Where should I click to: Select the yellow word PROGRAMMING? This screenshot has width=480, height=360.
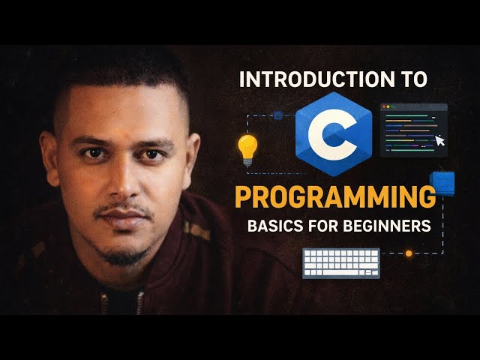pyautogui.click(x=334, y=197)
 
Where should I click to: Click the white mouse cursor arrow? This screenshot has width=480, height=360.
pyautogui.click(x=439, y=140)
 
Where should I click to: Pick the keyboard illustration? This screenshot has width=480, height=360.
pyautogui.click(x=341, y=262)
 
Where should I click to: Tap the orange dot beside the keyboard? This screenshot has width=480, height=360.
pyautogui.click(x=409, y=253)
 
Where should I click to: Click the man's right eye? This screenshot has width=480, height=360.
pyautogui.click(x=91, y=154)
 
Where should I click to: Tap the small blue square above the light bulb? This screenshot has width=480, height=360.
pyautogui.click(x=278, y=115)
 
